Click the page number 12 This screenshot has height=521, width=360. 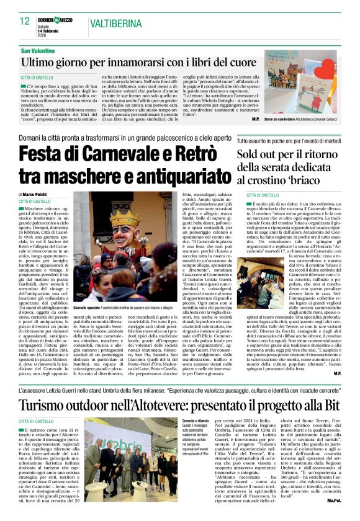25,22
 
